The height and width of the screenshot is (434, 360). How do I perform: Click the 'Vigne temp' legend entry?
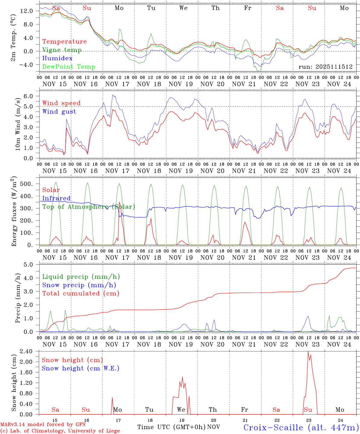(62, 50)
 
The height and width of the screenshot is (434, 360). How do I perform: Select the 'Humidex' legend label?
(57, 58)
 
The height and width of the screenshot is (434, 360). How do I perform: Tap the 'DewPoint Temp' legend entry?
(69, 67)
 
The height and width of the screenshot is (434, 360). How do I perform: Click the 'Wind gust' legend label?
(59, 112)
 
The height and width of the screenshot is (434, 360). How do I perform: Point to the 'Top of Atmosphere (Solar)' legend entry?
(88, 207)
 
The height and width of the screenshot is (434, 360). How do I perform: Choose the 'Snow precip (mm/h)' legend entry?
(79, 285)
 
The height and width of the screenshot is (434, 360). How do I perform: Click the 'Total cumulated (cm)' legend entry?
(81, 293)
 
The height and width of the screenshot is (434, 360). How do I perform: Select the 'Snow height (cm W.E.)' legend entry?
(80, 368)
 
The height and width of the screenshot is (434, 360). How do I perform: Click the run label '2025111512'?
(326, 67)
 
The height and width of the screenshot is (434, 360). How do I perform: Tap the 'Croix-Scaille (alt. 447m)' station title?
(301, 427)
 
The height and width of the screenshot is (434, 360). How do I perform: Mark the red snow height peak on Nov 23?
(308, 351)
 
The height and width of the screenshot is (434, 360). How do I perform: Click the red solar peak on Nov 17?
(119, 202)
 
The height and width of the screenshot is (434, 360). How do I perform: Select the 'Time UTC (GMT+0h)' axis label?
(171, 427)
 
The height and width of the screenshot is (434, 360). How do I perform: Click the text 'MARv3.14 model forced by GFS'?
(43, 425)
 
